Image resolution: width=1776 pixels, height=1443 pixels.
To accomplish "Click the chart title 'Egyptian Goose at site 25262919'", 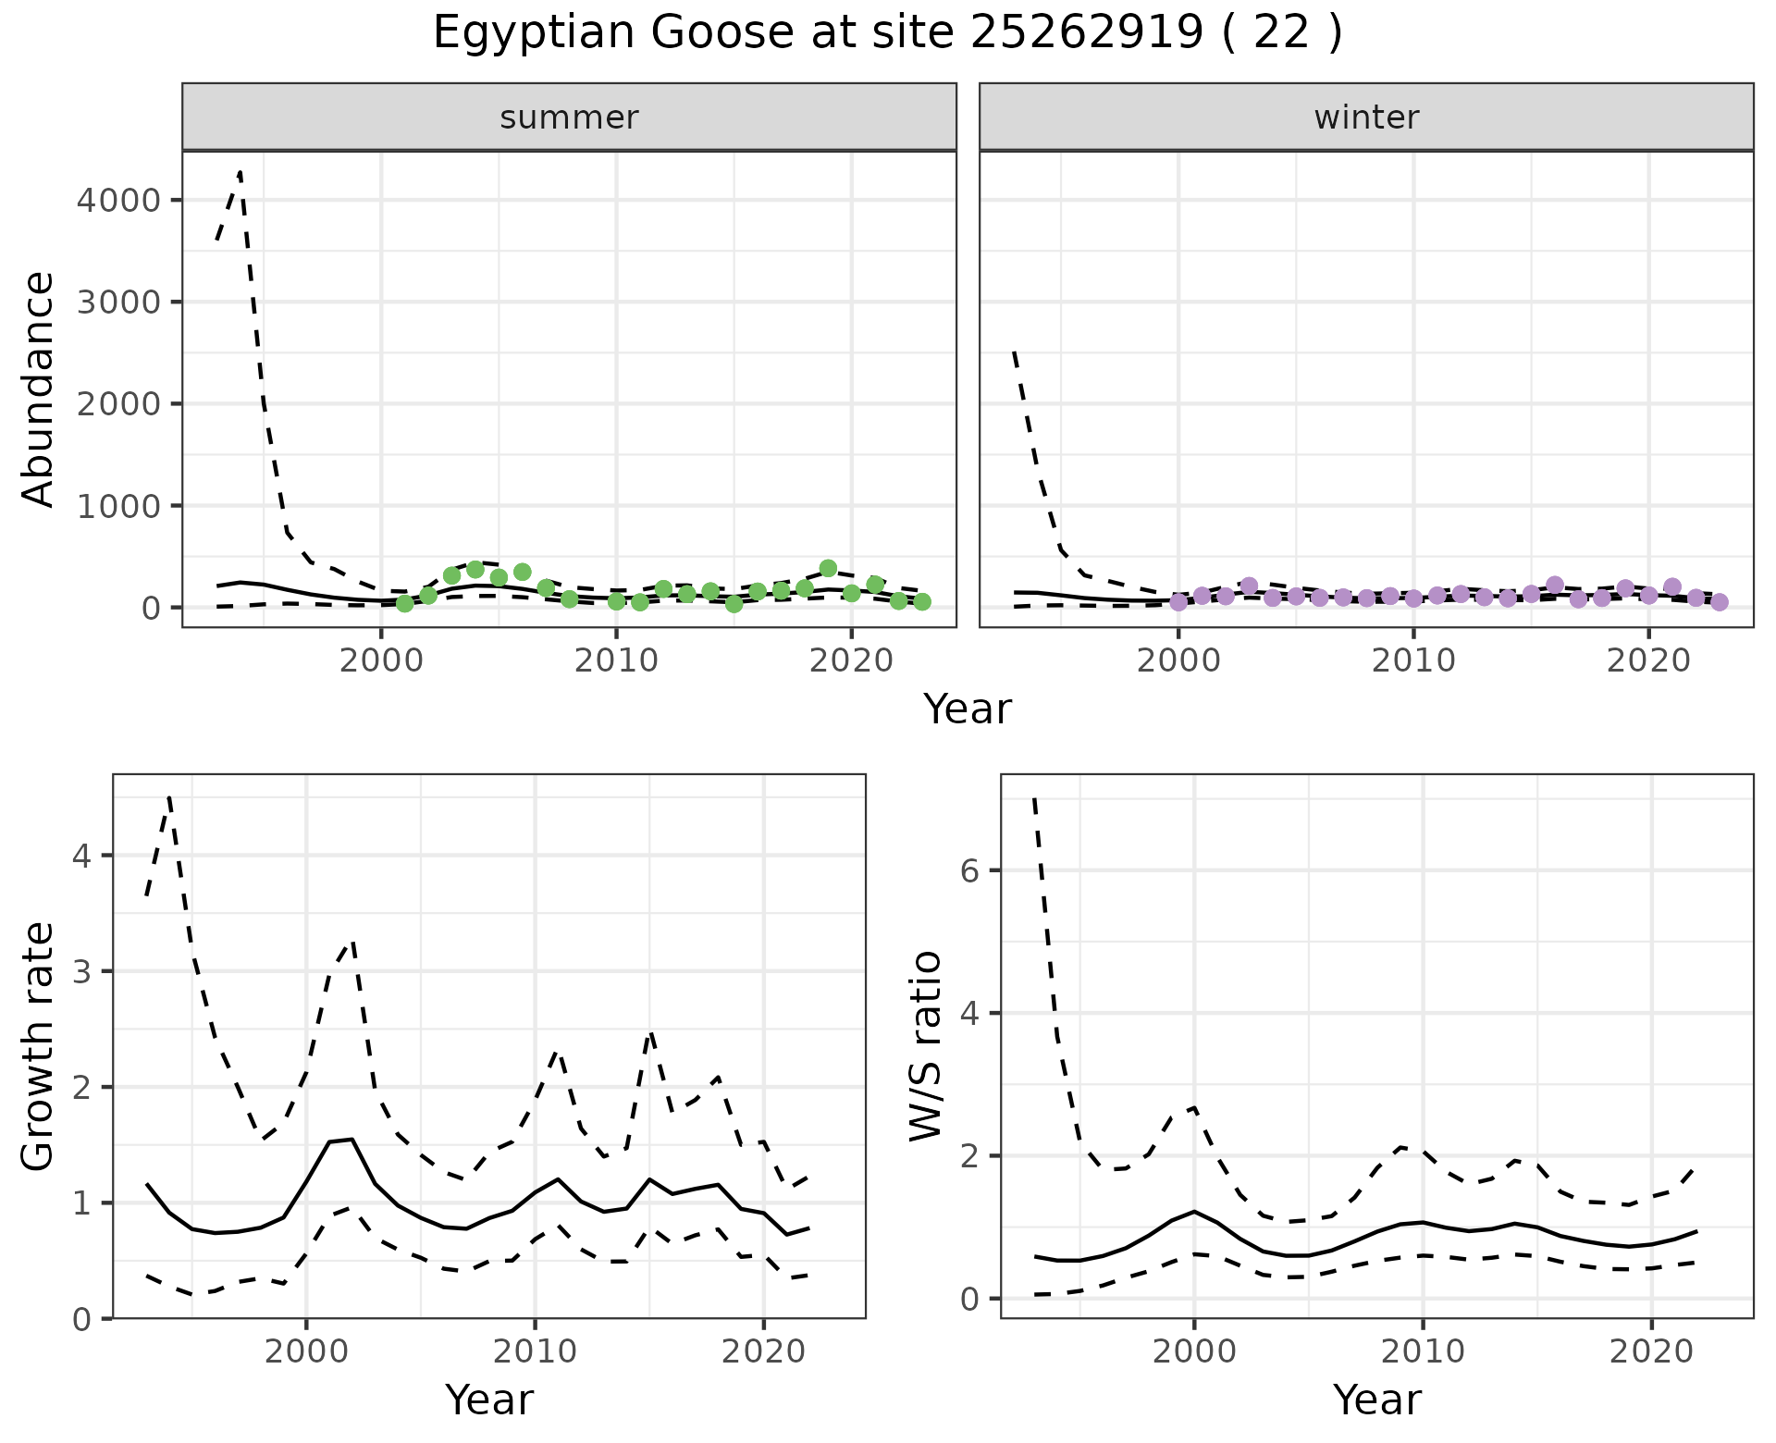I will (886, 33).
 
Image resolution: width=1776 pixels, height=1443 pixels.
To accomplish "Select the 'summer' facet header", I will (569, 117).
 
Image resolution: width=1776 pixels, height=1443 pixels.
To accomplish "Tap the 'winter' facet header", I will (1366, 117).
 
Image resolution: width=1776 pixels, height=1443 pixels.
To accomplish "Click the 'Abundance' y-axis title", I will (39, 388).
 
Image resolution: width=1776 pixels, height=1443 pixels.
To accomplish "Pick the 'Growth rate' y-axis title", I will (39, 1046).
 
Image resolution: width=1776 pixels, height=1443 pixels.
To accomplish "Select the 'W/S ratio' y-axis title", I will (926, 1046).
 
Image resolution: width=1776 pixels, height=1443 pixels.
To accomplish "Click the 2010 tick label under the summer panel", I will (616, 661).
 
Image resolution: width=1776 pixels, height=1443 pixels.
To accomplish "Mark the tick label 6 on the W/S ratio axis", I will (968, 870).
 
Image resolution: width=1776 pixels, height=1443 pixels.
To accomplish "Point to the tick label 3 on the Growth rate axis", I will (81, 971).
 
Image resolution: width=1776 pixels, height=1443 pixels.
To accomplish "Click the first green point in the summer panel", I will (405, 603).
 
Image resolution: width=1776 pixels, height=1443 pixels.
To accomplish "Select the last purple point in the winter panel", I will (1720, 602).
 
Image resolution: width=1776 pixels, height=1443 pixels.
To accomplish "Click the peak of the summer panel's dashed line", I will (240, 172).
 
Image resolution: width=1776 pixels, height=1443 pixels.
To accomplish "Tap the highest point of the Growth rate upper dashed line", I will (169, 796).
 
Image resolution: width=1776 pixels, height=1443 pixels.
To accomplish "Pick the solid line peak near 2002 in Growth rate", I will (351, 1140).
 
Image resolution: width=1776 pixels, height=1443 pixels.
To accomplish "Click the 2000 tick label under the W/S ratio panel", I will (1194, 1352).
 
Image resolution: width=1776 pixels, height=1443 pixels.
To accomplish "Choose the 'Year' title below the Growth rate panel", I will (489, 1400).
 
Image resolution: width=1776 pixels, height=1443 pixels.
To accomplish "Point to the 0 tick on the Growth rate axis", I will (81, 1318).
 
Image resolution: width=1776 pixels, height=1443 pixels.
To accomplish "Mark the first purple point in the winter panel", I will (1178, 602).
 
